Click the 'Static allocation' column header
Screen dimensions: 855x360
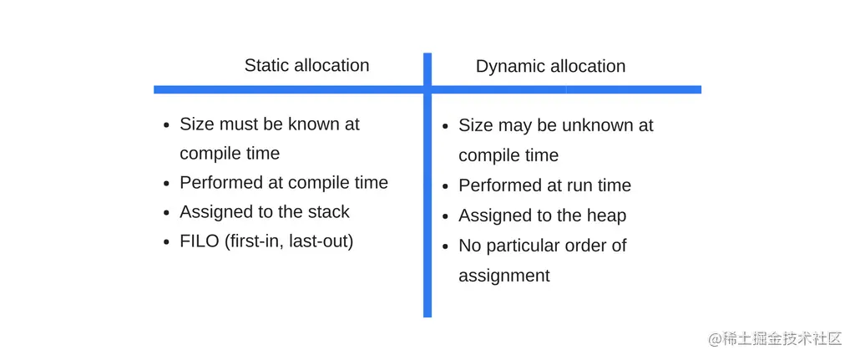click(306, 65)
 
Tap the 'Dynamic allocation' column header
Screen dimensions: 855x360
click(551, 67)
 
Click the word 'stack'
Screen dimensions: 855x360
click(326, 211)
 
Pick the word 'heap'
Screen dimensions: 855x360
click(604, 215)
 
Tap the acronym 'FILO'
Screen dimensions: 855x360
click(199, 241)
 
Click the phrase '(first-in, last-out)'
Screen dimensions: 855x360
click(288, 241)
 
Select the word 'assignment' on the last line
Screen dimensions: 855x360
click(504, 276)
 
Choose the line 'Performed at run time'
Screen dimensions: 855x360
click(544, 185)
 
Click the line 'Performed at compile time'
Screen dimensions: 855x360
click(284, 183)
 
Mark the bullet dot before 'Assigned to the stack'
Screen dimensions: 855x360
click(166, 213)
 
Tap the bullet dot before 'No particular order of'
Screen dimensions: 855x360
click(446, 247)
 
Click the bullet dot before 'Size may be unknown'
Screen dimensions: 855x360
click(446, 127)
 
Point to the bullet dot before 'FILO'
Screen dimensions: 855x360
click(166, 241)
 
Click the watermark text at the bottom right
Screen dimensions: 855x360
click(776, 339)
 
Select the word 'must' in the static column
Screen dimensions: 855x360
click(236, 124)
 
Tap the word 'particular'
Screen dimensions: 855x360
click(526, 246)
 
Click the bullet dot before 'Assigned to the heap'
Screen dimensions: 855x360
click(446, 216)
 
